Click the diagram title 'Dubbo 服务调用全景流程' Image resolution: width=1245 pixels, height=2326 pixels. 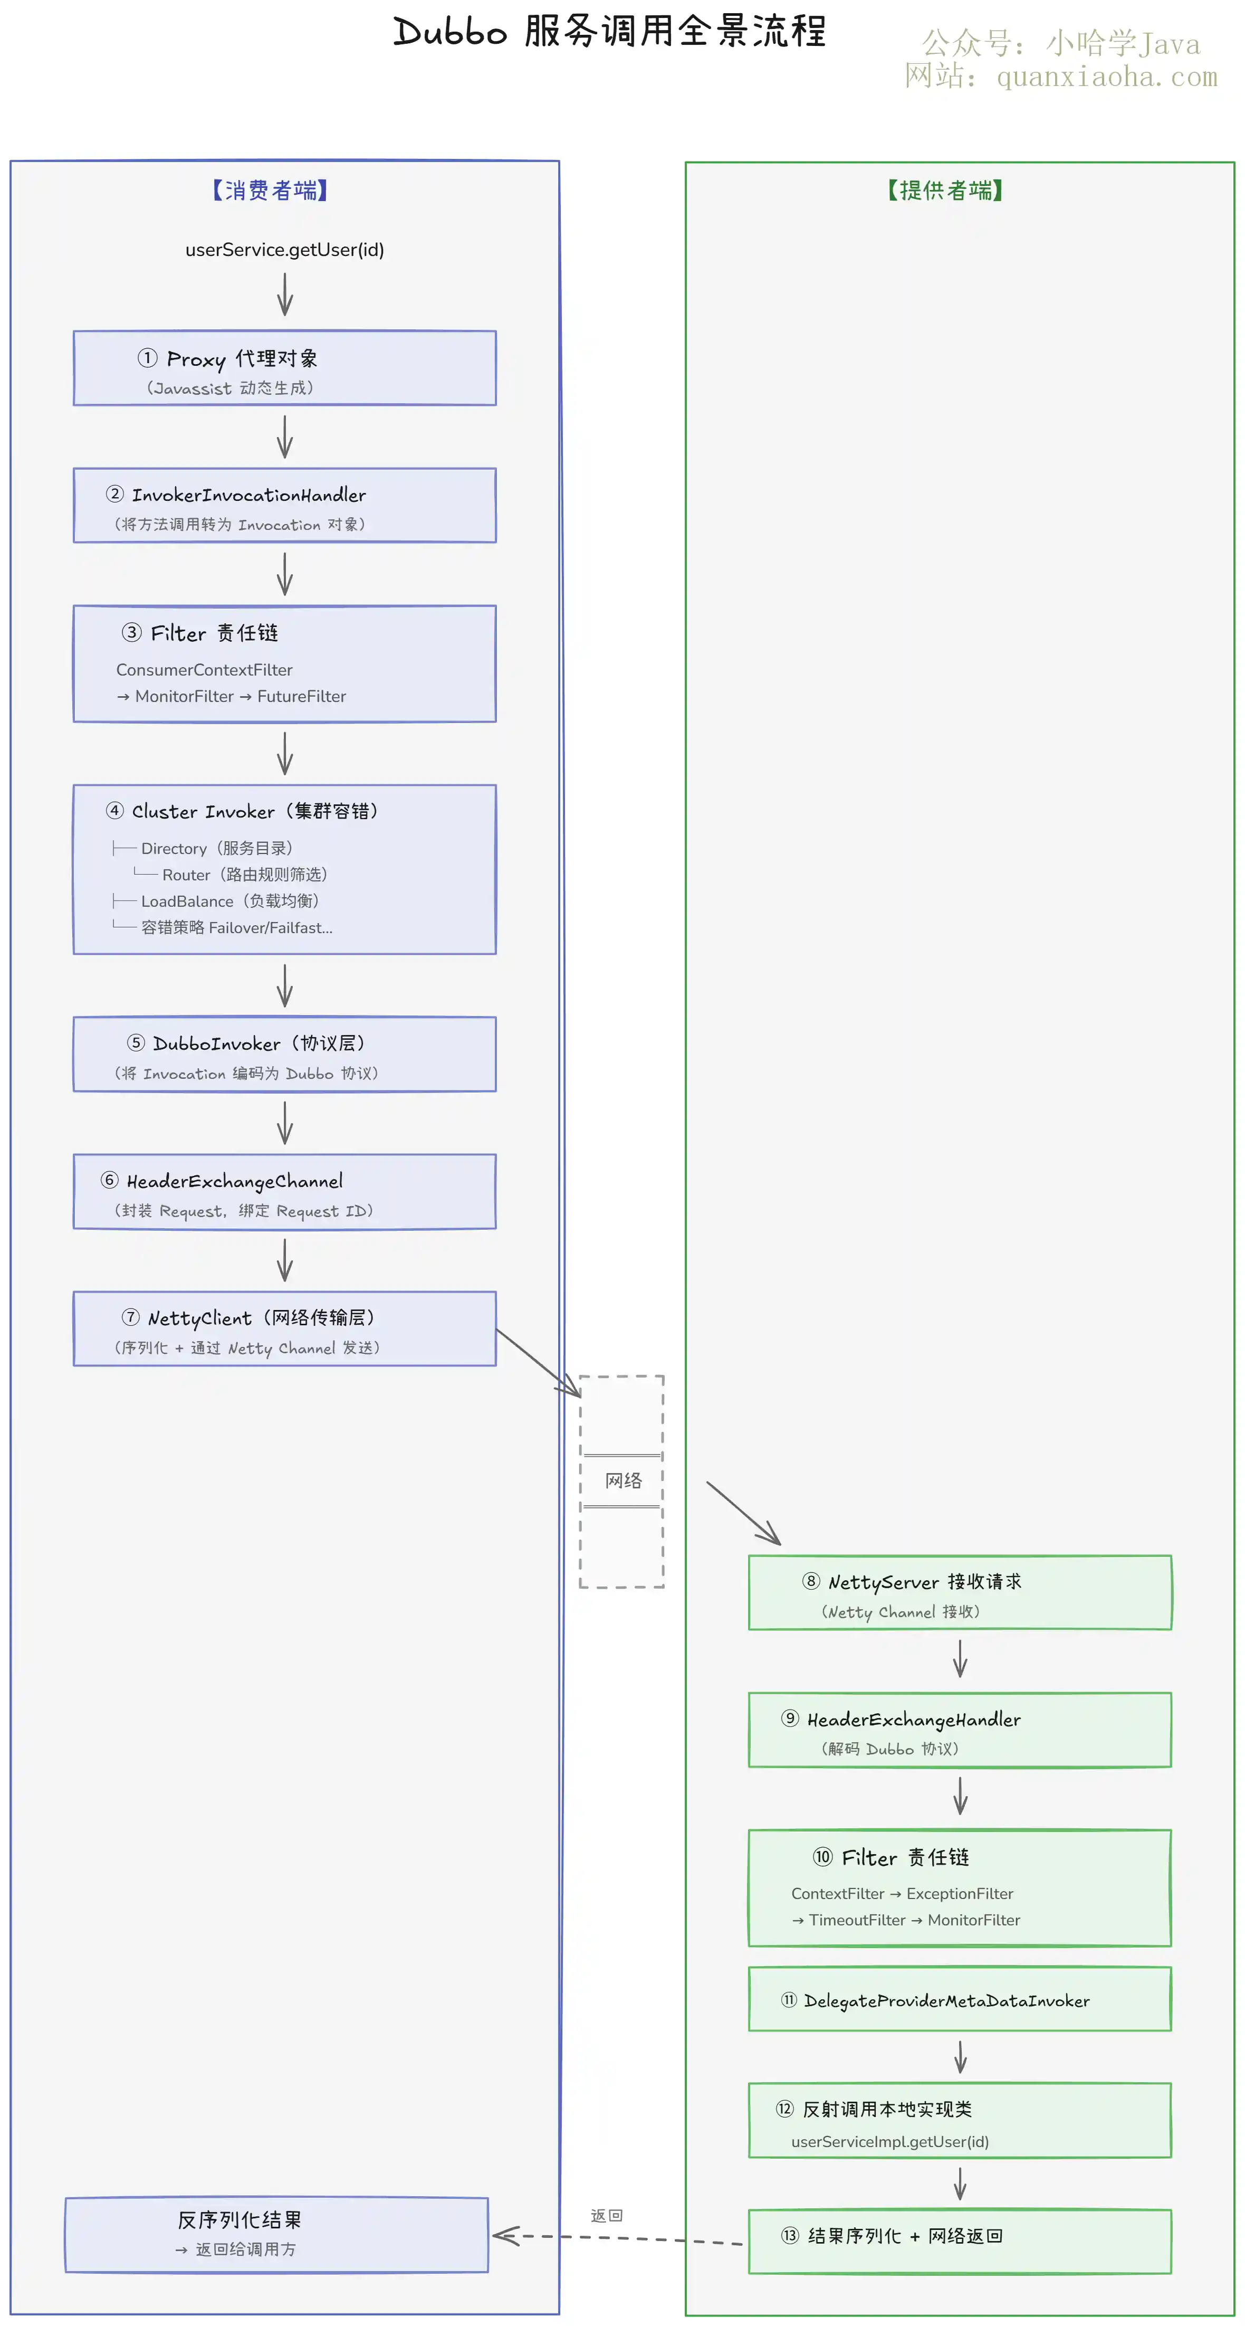coord(609,32)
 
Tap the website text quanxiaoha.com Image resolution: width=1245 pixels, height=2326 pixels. coord(1107,77)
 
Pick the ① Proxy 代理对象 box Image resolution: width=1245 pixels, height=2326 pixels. coord(284,368)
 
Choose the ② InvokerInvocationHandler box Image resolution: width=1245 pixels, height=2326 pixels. coord(284,506)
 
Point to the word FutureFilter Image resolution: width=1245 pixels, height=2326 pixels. coord(302,696)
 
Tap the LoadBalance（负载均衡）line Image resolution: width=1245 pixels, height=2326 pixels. coord(230,901)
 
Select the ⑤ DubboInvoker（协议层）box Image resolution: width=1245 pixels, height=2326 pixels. coord(284,1055)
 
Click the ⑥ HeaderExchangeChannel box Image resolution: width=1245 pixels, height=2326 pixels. coord(284,1192)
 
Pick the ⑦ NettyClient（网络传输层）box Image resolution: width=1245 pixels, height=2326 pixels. coord(284,1329)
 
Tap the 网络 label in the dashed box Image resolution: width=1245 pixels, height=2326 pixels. coord(623,1481)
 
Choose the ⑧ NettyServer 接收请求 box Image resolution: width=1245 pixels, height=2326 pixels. coord(960,1593)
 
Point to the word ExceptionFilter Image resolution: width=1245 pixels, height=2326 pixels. coord(960,1894)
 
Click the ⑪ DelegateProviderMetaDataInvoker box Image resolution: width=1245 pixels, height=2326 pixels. coord(960,1999)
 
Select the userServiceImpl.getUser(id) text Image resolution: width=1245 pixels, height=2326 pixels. coord(890,2142)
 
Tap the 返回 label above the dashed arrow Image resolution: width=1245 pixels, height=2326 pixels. coord(607,2216)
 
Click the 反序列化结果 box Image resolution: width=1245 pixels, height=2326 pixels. coord(276,2235)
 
